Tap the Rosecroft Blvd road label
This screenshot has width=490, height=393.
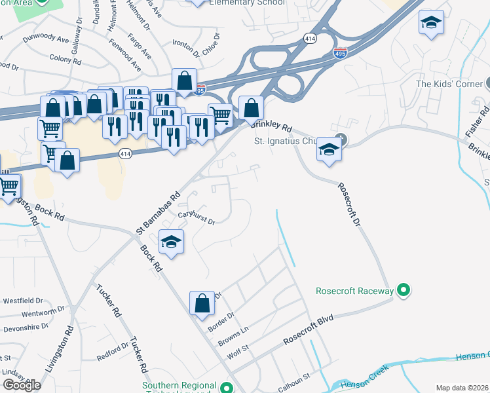(309, 330)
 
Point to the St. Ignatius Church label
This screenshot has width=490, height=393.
(286, 141)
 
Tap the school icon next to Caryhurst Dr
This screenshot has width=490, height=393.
(172, 242)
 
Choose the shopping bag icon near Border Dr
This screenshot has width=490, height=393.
(202, 303)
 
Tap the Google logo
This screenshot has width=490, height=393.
(22, 384)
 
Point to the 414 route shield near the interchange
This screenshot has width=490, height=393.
(311, 39)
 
